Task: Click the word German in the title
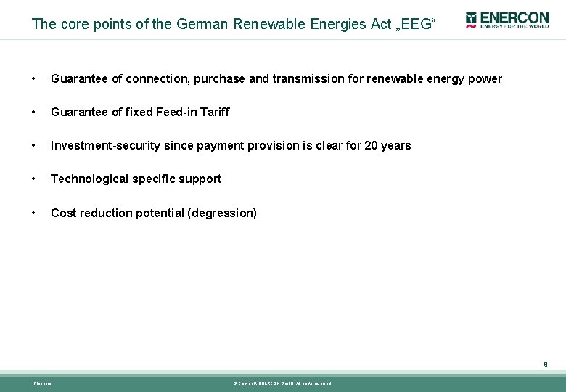(202, 24)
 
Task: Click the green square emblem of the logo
(471, 17)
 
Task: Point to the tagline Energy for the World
(512, 26)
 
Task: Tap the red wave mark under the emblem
(471, 26)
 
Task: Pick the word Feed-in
(174, 112)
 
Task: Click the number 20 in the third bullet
(371, 145)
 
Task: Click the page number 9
(545, 364)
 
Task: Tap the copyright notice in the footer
(282, 383)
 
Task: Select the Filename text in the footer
(43, 383)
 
